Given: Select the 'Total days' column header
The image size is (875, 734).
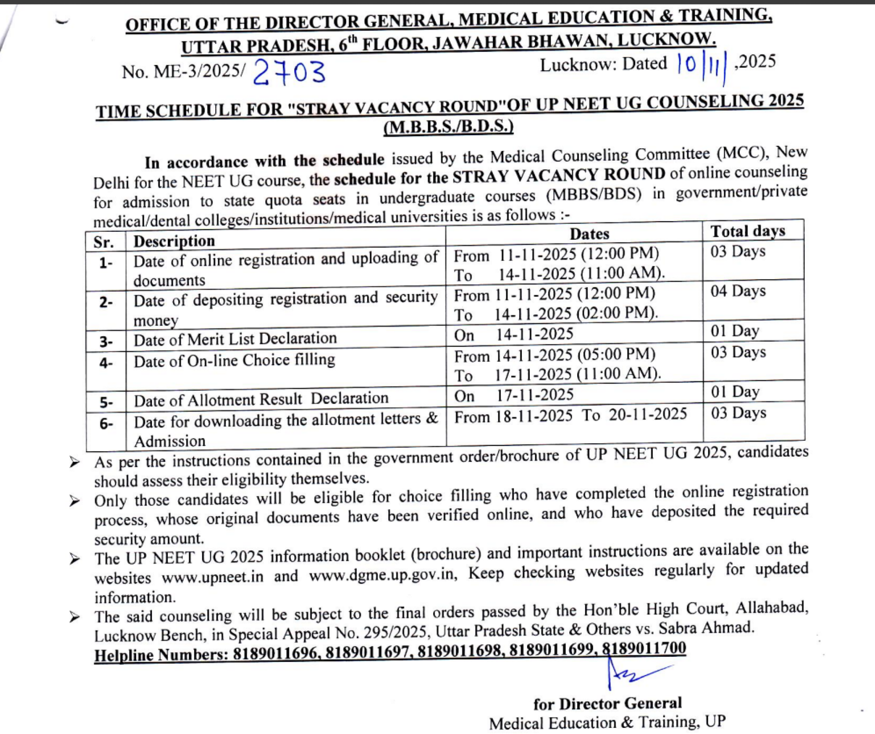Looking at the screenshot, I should tap(748, 231).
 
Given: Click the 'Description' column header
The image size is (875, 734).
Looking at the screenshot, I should tap(174, 241).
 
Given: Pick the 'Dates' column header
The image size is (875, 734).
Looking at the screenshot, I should tap(589, 234).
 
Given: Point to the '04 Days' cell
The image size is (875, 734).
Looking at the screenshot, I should tap(738, 291).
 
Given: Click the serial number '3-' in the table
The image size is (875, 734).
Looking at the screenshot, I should tap(106, 341).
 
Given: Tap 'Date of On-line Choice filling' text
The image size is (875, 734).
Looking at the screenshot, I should tap(234, 360).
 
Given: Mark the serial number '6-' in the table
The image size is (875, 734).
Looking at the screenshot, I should tap(106, 424).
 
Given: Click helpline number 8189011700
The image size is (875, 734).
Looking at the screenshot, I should tap(644, 648).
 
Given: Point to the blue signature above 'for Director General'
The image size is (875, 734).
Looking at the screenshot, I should tap(632, 673).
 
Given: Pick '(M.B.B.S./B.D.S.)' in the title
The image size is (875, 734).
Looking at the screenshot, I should tap(448, 127).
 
